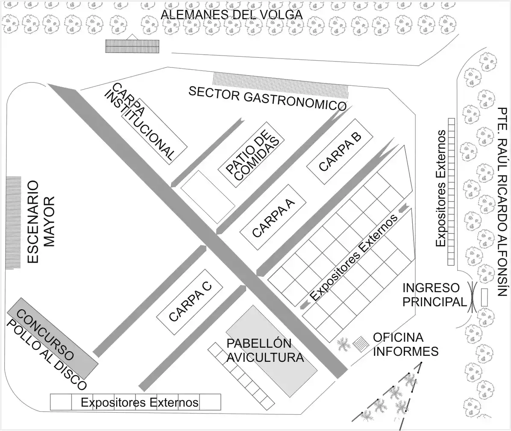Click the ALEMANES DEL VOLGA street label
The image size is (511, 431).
click(x=231, y=15)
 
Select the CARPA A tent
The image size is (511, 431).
click(x=273, y=217)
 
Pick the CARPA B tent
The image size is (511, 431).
click(x=340, y=151)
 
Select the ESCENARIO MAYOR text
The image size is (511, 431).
click(x=41, y=222)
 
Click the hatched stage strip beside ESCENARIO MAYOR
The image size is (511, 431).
click(x=14, y=222)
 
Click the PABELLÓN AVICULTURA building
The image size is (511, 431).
click(x=271, y=351)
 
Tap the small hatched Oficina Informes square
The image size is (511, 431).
click(x=361, y=343)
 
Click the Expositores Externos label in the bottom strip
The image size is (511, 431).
click(x=140, y=402)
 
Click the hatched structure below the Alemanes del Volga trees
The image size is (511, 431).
click(x=132, y=46)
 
